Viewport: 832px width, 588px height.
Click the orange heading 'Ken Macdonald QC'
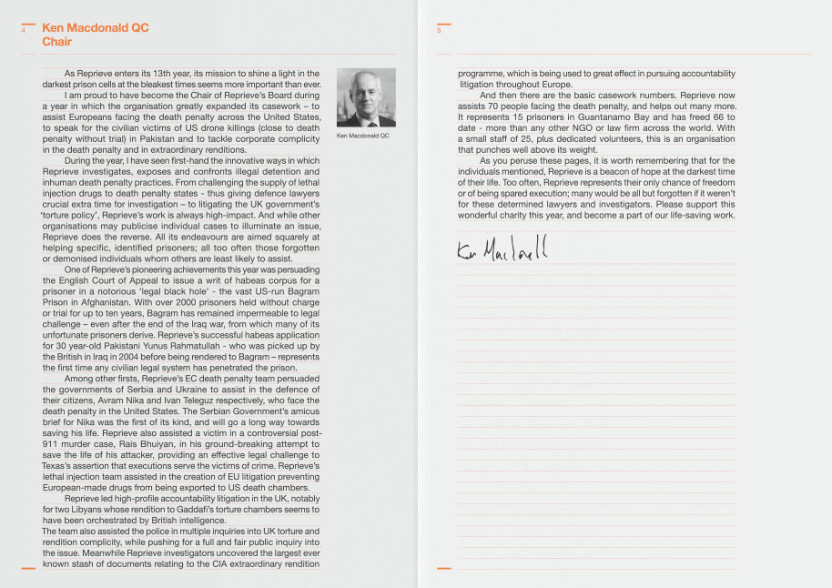(96, 28)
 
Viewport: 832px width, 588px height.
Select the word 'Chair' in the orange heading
(56, 42)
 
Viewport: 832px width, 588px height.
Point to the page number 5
(439, 30)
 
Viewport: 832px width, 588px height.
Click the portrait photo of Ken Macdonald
(366, 97)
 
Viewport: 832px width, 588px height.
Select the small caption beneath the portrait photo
(362, 136)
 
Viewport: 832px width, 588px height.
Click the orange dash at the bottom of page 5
(444, 568)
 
